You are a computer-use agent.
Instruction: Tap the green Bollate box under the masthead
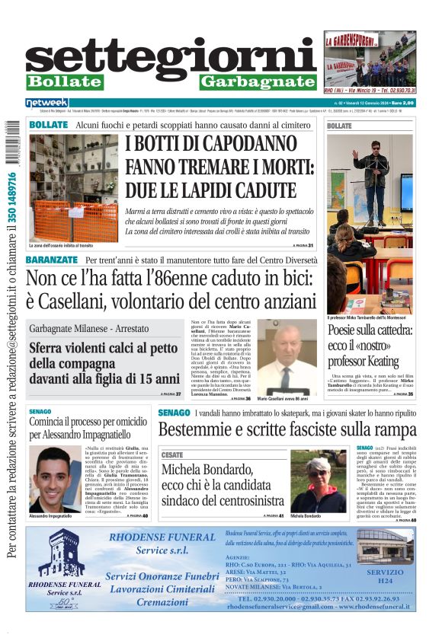(x=65, y=82)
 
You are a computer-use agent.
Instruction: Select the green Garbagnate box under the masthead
(x=257, y=82)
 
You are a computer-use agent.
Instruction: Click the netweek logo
(x=46, y=102)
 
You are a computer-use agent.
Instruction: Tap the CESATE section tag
(x=172, y=454)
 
